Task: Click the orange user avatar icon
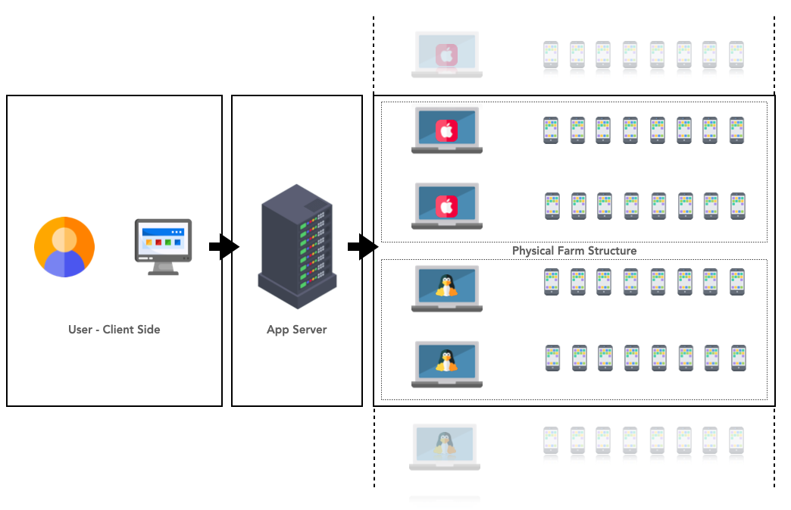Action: click(x=64, y=246)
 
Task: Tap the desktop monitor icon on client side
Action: click(x=163, y=245)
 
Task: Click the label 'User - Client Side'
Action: click(x=114, y=330)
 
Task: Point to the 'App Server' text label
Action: click(x=296, y=330)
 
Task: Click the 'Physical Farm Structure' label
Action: click(x=574, y=251)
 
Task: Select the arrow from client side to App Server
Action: click(x=224, y=247)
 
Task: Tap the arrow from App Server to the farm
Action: click(x=363, y=247)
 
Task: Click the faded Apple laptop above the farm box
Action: click(x=446, y=54)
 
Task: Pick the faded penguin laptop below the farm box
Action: click(x=445, y=446)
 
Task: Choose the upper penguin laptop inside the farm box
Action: click(x=446, y=288)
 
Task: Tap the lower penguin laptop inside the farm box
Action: click(x=446, y=364)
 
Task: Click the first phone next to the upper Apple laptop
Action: click(x=551, y=130)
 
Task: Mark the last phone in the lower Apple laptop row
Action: click(x=738, y=206)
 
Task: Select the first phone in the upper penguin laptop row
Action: click(x=551, y=282)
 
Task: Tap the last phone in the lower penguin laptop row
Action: click(x=739, y=358)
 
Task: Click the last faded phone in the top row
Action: click(x=736, y=55)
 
